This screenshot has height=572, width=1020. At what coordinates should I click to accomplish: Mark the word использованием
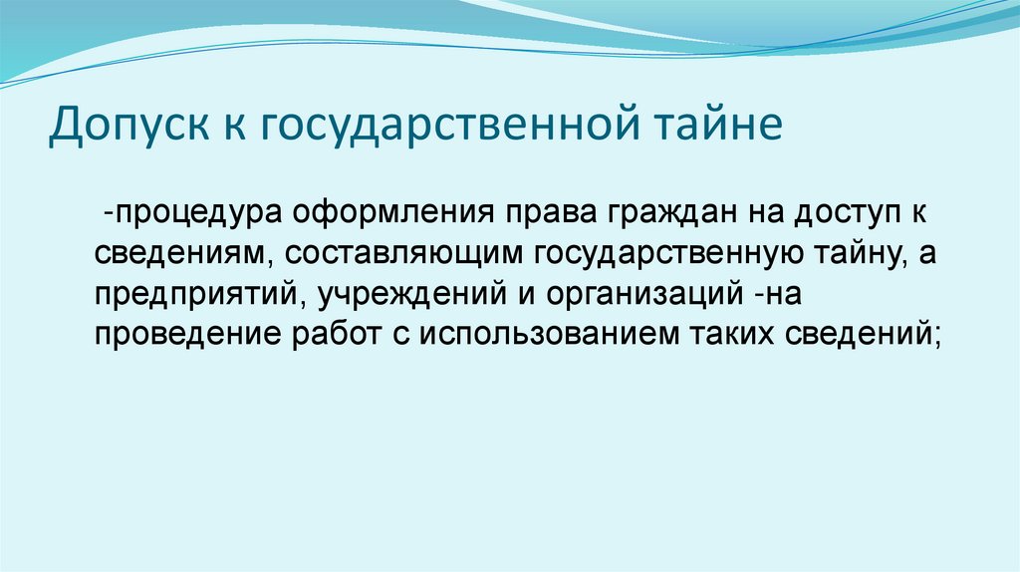(x=543, y=334)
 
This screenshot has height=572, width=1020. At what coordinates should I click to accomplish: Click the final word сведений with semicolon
(x=865, y=334)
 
